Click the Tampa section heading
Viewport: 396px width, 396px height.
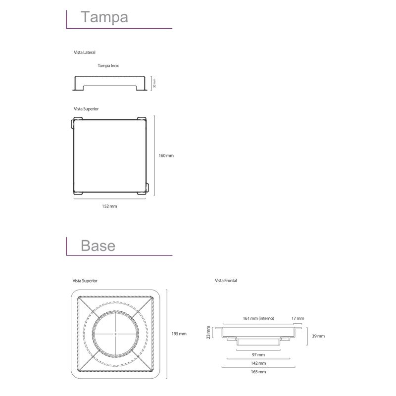pyautogui.click(x=104, y=17)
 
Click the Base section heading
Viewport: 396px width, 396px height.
pyautogui.click(x=98, y=246)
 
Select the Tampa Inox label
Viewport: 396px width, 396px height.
pyautogui.click(x=108, y=66)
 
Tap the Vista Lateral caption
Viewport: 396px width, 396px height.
pyautogui.click(x=85, y=52)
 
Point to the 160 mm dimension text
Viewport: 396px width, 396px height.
pyautogui.click(x=166, y=155)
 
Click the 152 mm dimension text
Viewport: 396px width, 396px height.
pyautogui.click(x=109, y=206)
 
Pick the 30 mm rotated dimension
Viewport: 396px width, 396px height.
pyautogui.click(x=154, y=83)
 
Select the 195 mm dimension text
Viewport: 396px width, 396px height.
pyautogui.click(x=179, y=334)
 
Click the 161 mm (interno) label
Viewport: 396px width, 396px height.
pyautogui.click(x=258, y=318)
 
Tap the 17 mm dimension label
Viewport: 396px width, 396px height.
pyautogui.click(x=298, y=318)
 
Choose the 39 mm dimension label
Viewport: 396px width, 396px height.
pyautogui.click(x=318, y=336)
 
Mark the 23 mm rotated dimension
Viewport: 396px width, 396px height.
pyautogui.click(x=208, y=332)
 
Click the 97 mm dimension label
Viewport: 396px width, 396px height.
pyautogui.click(x=258, y=355)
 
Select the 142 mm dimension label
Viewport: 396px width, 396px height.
pyautogui.click(x=258, y=363)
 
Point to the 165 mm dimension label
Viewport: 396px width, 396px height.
pyautogui.click(x=258, y=372)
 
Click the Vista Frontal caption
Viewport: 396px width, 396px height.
pyautogui.click(x=226, y=281)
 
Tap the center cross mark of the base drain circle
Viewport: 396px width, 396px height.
pyautogui.click(x=116, y=334)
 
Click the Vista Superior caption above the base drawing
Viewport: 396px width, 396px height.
pyautogui.click(x=85, y=281)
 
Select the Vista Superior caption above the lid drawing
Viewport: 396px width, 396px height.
pyautogui.click(x=86, y=109)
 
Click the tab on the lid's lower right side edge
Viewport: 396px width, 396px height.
pyautogui.click(x=147, y=188)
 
